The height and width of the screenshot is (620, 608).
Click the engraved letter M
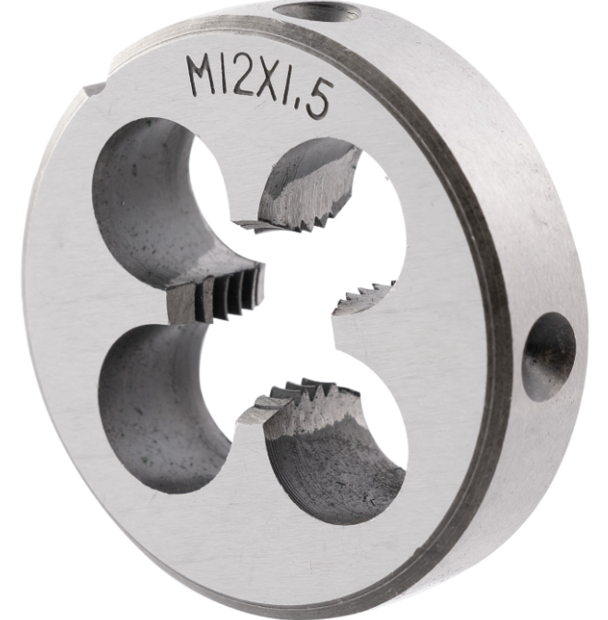pyautogui.click(x=203, y=75)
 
